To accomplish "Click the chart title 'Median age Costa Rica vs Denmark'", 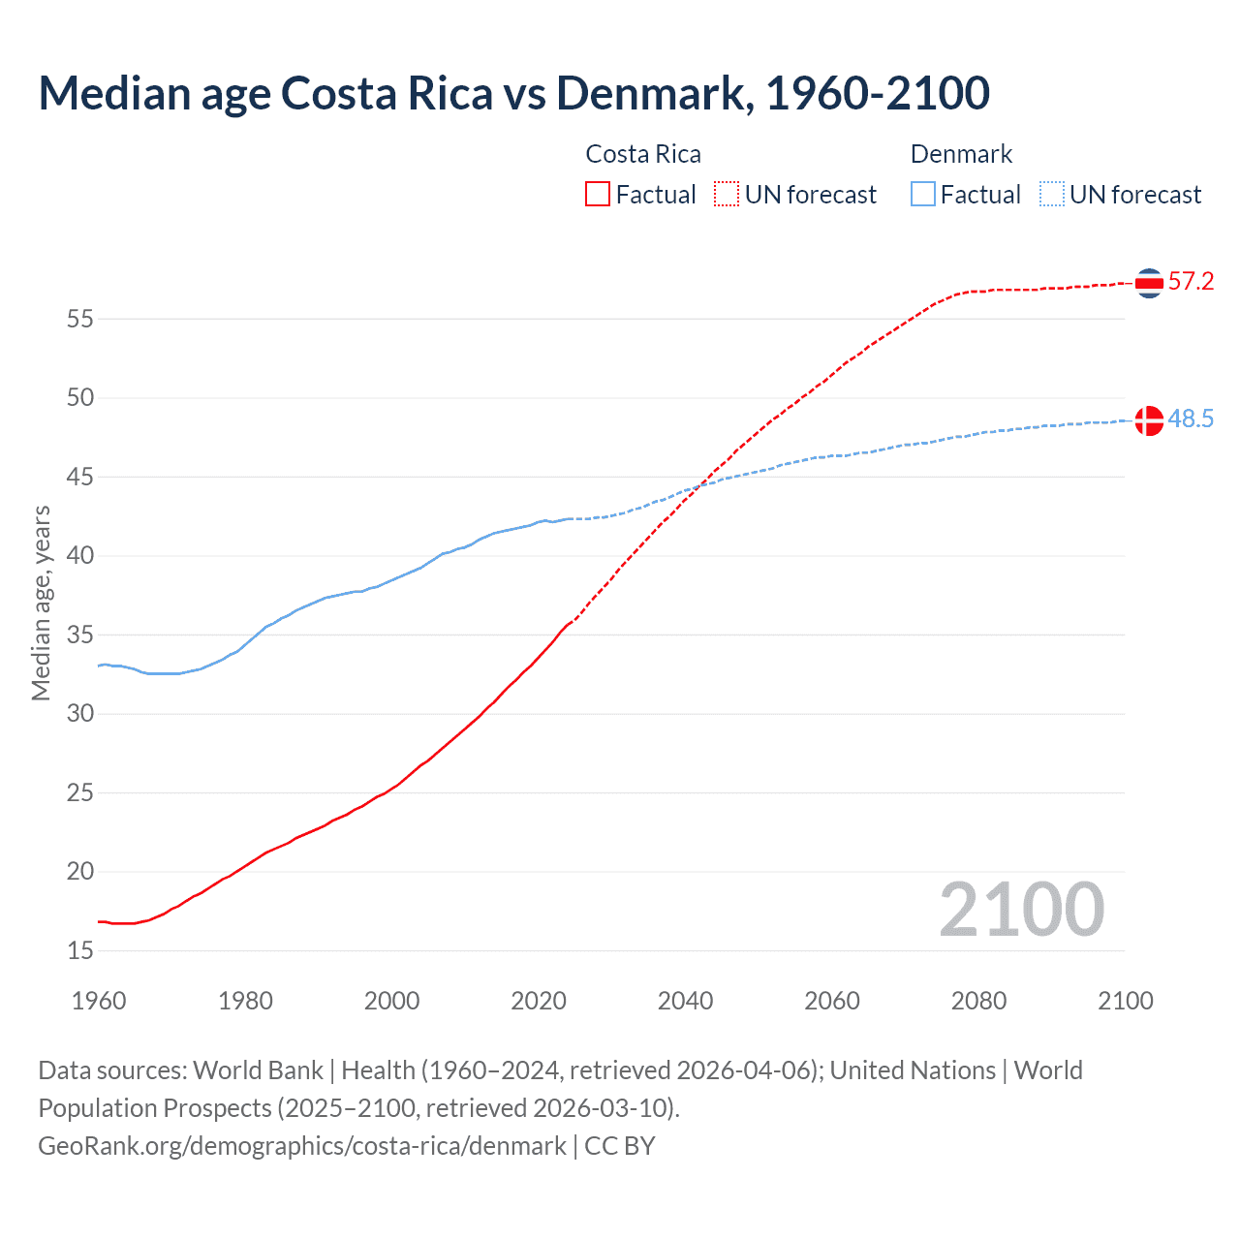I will (x=513, y=93).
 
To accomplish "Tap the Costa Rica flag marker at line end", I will (x=1149, y=283).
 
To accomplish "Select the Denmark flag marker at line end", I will (x=1149, y=420).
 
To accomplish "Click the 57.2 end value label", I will (x=1191, y=282).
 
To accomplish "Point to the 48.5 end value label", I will (x=1191, y=419).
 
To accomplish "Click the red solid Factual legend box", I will (x=598, y=195).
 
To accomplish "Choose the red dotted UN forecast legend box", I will (x=727, y=195).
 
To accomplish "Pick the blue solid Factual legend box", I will (x=923, y=195).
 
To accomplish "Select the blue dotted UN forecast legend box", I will (x=1052, y=195).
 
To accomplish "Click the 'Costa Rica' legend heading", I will (x=643, y=154).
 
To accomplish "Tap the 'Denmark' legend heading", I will (x=961, y=154).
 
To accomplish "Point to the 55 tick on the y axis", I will (x=80, y=319).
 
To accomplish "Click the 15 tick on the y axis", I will (x=80, y=950).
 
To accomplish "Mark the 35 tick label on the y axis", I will (x=80, y=635).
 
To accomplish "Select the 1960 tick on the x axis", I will (x=99, y=1001).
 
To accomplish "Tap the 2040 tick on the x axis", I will (x=685, y=1001).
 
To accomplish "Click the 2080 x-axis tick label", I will (x=978, y=1001).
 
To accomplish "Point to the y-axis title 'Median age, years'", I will (x=41, y=603).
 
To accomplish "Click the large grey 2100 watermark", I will (x=1021, y=910).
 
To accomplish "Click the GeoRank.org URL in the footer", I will (x=301, y=1146).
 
